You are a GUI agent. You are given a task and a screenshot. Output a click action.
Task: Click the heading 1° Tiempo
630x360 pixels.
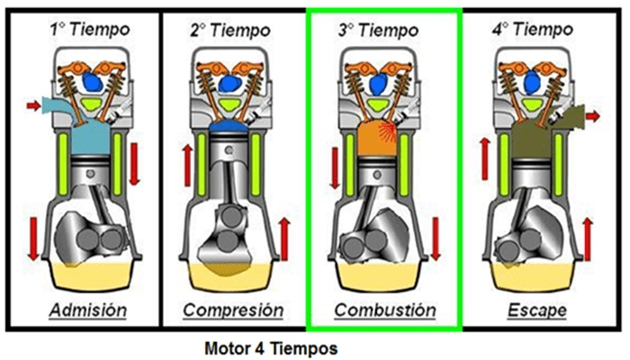click(90, 30)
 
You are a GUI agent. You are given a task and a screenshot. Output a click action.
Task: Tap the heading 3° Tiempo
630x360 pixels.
click(384, 30)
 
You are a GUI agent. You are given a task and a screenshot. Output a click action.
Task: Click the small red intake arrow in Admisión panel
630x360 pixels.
click(33, 106)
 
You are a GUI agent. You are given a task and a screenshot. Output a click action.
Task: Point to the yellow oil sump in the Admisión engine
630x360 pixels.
click(90, 274)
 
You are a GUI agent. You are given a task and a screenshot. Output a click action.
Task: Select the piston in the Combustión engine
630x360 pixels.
click(384, 175)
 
